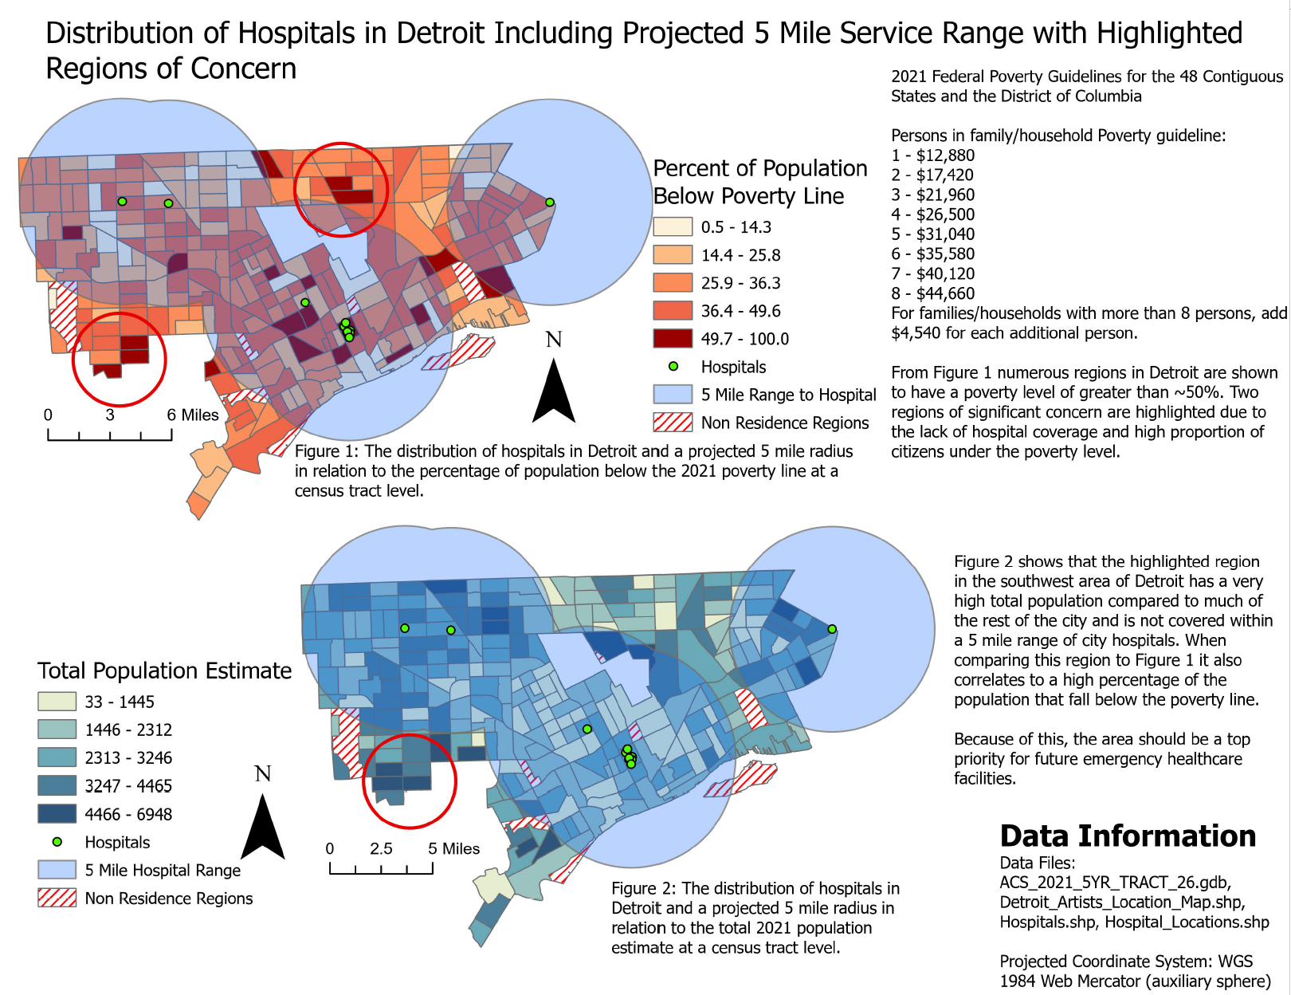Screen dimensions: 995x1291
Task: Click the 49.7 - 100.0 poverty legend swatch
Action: pyautogui.click(x=673, y=339)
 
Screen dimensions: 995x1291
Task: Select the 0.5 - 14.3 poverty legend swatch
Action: pyautogui.click(x=673, y=227)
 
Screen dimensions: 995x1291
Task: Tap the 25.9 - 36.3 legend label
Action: pyautogui.click(x=740, y=283)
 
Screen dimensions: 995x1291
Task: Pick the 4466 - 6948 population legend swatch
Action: pyautogui.click(x=57, y=814)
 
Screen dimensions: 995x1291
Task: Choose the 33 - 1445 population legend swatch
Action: pyautogui.click(x=57, y=702)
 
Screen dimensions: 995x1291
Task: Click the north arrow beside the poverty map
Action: pyautogui.click(x=554, y=390)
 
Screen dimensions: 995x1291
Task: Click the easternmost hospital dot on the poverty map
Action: pyautogui.click(x=550, y=203)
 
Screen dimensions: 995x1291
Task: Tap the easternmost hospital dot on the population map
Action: pyautogui.click(x=832, y=629)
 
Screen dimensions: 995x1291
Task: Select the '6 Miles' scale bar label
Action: pyautogui.click(x=193, y=415)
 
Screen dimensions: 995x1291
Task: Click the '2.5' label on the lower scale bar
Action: pyautogui.click(x=381, y=848)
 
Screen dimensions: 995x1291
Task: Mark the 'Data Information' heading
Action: pyautogui.click(x=1128, y=836)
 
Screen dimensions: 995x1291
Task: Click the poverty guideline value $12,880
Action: pyautogui.click(x=945, y=155)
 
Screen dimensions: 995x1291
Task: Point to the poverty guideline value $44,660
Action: pyautogui.click(x=945, y=293)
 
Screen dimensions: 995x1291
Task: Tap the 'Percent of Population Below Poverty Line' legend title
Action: pyautogui.click(x=759, y=182)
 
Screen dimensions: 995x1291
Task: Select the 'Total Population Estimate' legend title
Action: pyautogui.click(x=164, y=671)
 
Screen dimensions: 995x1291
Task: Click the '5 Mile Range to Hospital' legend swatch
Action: pyautogui.click(x=673, y=395)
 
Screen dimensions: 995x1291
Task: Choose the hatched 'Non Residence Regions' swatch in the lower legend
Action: pyautogui.click(x=57, y=899)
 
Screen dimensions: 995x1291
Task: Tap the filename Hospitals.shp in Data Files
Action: pyautogui.click(x=1048, y=922)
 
